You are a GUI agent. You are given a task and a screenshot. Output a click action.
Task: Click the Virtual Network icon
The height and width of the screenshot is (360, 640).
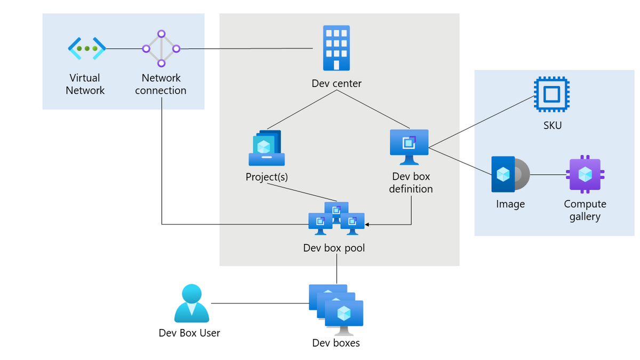point(86,49)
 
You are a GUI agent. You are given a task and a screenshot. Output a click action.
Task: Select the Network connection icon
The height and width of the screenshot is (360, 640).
point(161,49)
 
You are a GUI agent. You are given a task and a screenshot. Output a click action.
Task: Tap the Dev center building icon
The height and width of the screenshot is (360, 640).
point(336,48)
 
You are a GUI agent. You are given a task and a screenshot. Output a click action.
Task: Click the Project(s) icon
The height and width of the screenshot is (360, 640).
point(267,148)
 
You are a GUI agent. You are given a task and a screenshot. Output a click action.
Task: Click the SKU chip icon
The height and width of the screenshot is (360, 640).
point(551,94)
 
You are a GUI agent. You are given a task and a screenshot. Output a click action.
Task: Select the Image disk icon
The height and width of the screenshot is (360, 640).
point(509,174)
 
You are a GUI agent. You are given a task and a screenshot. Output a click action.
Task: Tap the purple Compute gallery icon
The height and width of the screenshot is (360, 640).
point(586,174)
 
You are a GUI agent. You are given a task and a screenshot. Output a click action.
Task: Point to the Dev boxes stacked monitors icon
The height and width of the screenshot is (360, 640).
point(337,310)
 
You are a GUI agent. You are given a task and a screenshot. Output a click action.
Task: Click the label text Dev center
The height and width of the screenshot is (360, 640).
point(337,84)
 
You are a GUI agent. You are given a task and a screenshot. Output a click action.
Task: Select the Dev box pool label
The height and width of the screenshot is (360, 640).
point(334,248)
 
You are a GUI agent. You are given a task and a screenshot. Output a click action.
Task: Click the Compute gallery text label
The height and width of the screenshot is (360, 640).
point(585,210)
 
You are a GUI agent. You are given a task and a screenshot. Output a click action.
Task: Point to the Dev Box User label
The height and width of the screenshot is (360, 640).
point(189,333)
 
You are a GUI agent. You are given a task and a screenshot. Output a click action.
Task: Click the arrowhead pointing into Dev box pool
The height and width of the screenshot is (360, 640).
point(367,225)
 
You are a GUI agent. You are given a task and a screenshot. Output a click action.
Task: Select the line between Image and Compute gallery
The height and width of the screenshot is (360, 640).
point(548,174)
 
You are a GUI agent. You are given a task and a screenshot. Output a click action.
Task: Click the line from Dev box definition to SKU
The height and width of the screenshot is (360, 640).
point(480,122)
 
